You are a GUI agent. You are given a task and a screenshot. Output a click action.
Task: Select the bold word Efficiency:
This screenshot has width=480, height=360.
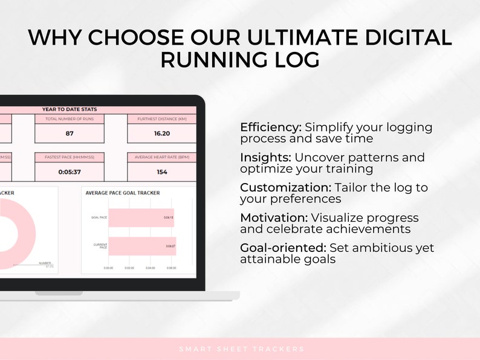(270, 127)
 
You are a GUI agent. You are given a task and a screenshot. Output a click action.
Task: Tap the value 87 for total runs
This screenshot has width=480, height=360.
(70, 133)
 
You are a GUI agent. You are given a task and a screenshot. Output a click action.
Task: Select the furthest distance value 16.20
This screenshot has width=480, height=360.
(161, 133)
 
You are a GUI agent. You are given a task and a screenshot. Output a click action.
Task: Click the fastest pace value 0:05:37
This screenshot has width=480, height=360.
(70, 172)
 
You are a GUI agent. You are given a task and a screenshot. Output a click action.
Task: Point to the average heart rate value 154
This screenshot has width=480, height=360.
(161, 172)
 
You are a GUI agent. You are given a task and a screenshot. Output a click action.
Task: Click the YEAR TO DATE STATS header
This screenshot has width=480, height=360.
(70, 109)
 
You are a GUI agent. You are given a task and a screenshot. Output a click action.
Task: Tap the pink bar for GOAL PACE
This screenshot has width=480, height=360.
(141, 218)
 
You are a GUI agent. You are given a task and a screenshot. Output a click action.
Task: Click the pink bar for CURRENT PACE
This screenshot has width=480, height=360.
(142, 246)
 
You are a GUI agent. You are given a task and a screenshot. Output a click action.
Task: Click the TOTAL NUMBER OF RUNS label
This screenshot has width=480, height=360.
(70, 119)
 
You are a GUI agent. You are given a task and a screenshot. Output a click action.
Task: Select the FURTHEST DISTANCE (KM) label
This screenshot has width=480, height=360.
(161, 119)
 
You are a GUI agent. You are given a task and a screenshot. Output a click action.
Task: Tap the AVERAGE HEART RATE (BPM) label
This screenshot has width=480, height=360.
(161, 157)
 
